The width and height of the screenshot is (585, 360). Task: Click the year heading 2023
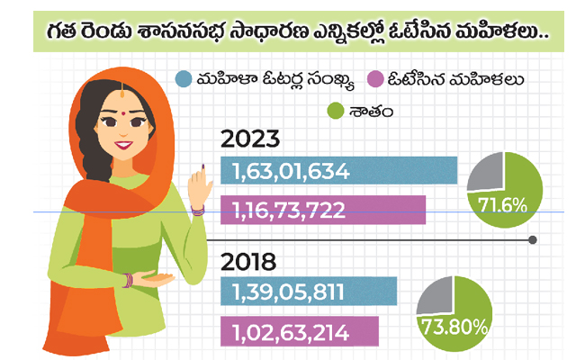tap(250, 139)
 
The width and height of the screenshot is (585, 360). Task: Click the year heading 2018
tap(248, 262)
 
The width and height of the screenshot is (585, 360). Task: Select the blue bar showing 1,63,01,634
tap(338, 170)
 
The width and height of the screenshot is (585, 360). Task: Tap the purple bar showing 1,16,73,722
tap(323, 210)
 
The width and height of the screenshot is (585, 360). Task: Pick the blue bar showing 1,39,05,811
tap(309, 291)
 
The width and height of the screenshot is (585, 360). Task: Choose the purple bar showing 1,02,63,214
tap(300, 331)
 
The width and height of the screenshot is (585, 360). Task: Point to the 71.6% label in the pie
tap(502, 205)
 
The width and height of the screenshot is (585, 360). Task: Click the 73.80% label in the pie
tap(454, 327)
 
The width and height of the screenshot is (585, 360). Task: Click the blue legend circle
tap(184, 79)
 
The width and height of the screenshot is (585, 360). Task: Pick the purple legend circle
tap(375, 79)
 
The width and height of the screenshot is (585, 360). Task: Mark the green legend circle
tap(335, 111)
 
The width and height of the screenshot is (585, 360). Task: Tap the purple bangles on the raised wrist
tap(198, 211)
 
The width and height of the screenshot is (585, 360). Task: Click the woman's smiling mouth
tap(123, 144)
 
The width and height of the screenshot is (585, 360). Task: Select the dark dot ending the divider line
tap(533, 240)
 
